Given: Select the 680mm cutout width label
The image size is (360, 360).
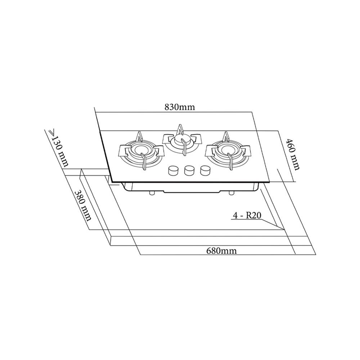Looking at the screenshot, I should coord(222,251).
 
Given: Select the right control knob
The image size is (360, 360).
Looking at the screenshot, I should coord(204,170).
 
